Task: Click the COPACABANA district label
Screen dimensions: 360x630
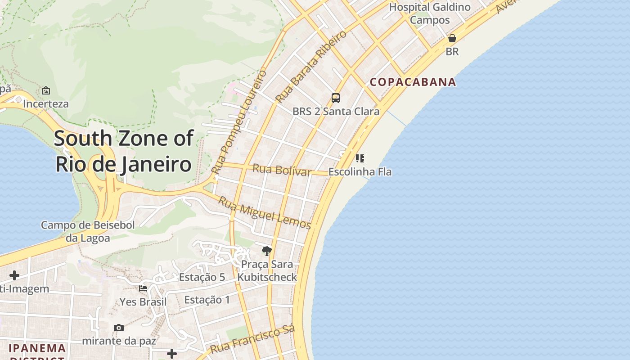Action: point(413,82)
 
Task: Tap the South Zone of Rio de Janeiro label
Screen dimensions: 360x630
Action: point(124,151)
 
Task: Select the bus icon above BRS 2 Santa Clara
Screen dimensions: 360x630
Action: point(336,98)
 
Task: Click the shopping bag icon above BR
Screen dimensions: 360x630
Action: point(452,38)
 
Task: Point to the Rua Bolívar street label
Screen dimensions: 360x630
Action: point(282,171)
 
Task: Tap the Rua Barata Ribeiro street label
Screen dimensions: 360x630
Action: point(311,67)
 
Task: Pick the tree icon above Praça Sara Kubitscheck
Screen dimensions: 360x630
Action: point(267,251)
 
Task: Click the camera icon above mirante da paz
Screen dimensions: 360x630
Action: point(119,328)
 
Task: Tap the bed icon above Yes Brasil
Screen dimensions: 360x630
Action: point(143,288)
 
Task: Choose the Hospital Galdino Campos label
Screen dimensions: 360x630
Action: point(430,13)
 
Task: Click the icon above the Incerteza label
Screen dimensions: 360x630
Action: point(46,90)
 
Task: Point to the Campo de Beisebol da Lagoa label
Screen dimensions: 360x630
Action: point(88,231)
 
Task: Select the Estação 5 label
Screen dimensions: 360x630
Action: point(202,277)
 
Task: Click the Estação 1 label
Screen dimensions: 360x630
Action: point(207,300)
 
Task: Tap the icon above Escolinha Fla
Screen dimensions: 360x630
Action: point(360,158)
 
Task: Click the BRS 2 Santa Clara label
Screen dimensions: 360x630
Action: point(336,111)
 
